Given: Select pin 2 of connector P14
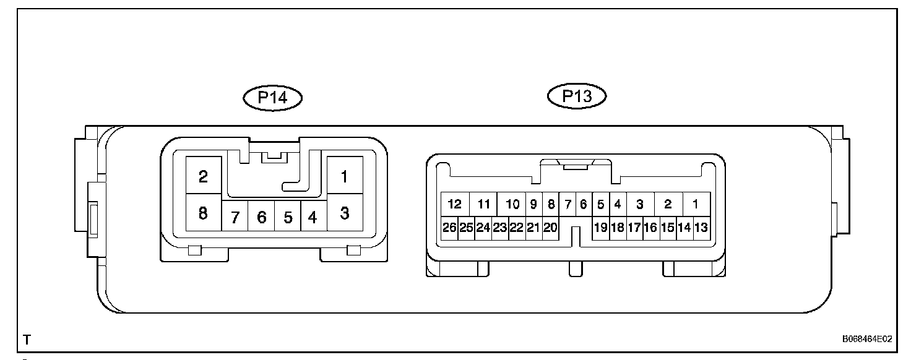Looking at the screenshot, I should click(x=203, y=177).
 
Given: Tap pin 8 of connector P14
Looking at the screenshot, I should click(x=203, y=214).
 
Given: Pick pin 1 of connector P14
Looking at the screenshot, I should click(x=345, y=177).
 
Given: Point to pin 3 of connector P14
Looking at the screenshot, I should click(x=345, y=214).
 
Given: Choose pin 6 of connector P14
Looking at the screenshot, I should click(x=261, y=217).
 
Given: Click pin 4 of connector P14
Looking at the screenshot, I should click(x=313, y=217).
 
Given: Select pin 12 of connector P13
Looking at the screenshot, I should click(x=455, y=204).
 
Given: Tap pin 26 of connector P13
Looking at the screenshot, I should click(x=449, y=227).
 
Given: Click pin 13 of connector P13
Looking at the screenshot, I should click(x=701, y=227).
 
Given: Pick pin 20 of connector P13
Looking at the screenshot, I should click(x=550, y=227).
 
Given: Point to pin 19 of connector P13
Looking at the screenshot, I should click(x=600, y=227).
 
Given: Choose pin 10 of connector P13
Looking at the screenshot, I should click(x=512, y=204).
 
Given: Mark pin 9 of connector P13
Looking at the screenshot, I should click(x=533, y=204).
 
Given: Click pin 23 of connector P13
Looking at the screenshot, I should click(x=499, y=227).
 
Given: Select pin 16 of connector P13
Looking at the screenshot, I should click(x=650, y=227).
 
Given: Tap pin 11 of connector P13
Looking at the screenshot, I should click(x=484, y=204).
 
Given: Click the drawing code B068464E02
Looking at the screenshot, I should click(x=866, y=339).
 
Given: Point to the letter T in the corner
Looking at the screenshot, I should click(x=27, y=340).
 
